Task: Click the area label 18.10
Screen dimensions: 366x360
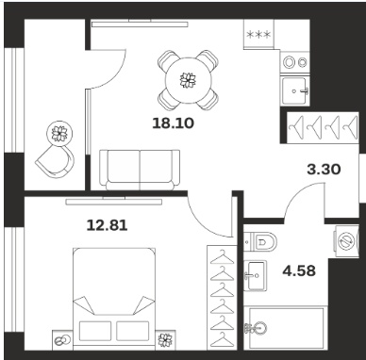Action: pos(173,123)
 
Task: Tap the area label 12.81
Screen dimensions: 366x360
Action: pos(107,225)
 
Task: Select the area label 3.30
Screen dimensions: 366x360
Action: pos(324,170)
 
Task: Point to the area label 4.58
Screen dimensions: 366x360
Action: pos(299,270)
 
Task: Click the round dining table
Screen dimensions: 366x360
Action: pos(188,80)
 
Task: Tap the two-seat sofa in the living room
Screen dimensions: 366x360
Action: pos(140,170)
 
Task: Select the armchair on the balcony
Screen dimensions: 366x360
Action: pos(56,161)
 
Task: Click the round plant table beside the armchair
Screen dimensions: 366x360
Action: pos(59,134)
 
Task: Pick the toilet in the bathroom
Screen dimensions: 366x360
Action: pos(260,241)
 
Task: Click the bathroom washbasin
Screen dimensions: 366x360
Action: pos(255,275)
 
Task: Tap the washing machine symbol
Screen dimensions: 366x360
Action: pos(346,241)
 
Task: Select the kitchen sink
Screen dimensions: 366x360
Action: pos(295,91)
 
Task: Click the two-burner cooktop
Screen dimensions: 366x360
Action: pos(295,62)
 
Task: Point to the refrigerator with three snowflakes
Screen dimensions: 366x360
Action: pos(258,34)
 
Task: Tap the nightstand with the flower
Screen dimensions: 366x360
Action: pos(165,340)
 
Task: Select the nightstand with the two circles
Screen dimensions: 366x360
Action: pos(62,340)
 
